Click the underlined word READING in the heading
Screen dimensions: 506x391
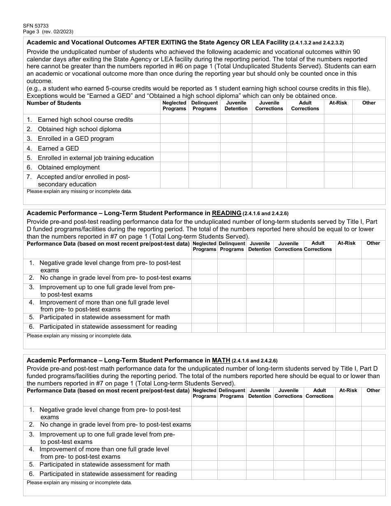click(x=226, y=213)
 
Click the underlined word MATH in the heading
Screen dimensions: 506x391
click(x=221, y=360)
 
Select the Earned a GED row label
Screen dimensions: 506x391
click(x=58, y=148)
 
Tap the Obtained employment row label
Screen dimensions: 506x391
click(x=68, y=167)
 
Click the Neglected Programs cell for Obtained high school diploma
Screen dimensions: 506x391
click(x=174, y=129)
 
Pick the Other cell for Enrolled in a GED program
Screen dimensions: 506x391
click(x=369, y=139)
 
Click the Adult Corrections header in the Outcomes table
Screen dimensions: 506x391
click(x=305, y=106)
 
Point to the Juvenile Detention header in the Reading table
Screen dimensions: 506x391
click(x=260, y=246)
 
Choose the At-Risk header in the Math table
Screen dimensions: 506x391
click(x=348, y=390)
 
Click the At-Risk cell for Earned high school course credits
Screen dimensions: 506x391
click(x=338, y=119)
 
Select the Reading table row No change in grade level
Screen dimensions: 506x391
click(x=115, y=278)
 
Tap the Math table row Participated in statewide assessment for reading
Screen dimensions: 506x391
click(x=108, y=474)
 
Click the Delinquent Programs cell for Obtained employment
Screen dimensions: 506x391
click(x=204, y=167)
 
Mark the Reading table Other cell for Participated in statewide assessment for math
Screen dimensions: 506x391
click(x=373, y=317)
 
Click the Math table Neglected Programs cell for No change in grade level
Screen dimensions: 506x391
click(x=204, y=425)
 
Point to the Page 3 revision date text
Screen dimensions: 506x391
click(x=48, y=32)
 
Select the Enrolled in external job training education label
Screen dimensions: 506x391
click(x=95, y=158)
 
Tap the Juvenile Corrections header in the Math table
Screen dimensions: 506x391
click(x=288, y=393)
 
